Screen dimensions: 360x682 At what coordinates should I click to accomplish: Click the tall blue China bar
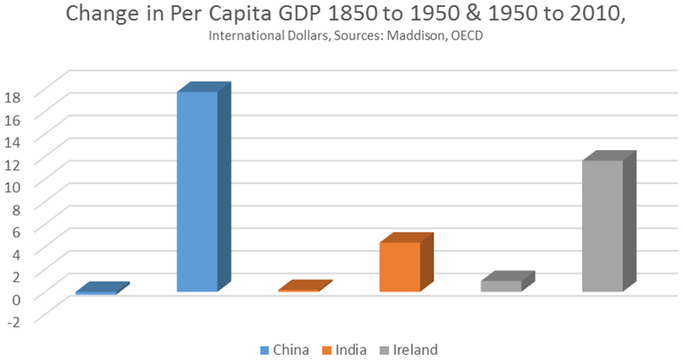click(198, 190)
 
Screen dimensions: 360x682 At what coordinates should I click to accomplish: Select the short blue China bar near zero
click(98, 290)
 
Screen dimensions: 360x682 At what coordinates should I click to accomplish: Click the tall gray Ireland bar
click(603, 224)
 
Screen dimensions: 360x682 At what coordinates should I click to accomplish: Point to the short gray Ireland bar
click(502, 284)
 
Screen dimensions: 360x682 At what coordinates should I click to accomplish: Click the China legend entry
click(285, 349)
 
